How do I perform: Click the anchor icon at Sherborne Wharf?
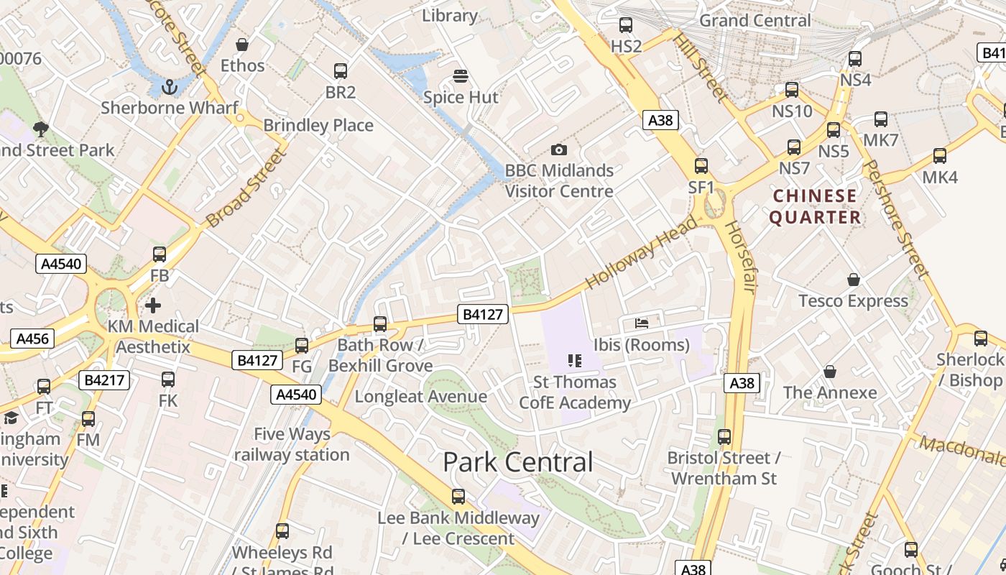170,87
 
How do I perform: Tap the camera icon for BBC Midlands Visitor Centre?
558,149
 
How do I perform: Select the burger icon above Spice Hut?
461,76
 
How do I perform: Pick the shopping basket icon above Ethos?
242,45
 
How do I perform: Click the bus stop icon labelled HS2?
625,25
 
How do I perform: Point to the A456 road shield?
32,339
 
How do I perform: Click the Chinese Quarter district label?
815,206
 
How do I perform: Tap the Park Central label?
518,462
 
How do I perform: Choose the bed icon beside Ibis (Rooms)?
642,323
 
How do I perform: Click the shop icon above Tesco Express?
853,280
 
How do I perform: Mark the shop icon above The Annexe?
830,372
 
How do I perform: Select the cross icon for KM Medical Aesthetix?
152,305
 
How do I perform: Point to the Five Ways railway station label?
292,444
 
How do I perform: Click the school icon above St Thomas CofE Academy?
574,360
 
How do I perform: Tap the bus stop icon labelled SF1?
701,166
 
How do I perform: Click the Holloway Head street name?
642,252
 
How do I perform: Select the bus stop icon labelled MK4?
939,156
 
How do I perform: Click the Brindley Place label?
318,125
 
